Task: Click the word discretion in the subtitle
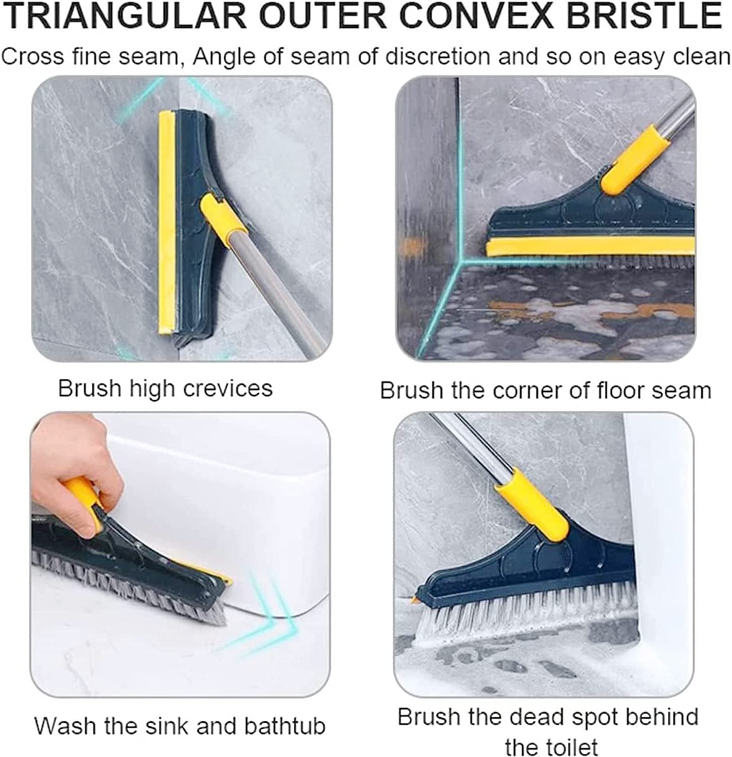(437, 57)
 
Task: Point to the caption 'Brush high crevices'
(165, 389)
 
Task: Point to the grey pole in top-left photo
(283, 293)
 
